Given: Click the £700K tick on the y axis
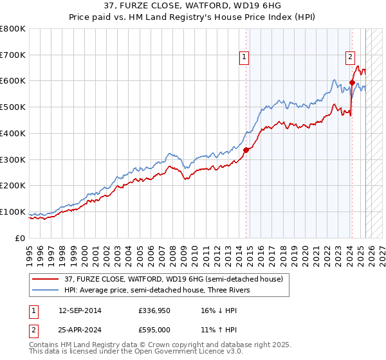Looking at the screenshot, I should (14, 55).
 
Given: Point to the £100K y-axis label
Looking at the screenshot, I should (14, 212).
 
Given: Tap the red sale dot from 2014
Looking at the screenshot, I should (246, 150).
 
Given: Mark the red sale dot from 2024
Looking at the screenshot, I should (352, 82).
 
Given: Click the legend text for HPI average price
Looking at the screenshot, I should (155, 290).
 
